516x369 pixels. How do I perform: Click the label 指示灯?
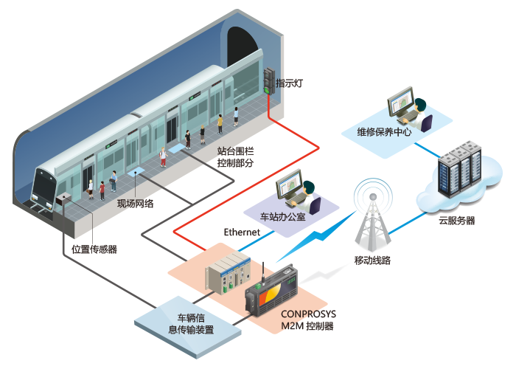click(x=289, y=83)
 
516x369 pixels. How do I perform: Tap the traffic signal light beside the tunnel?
click(x=269, y=81)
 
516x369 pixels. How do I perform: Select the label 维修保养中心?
click(x=384, y=132)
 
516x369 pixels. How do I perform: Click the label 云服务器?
click(x=457, y=221)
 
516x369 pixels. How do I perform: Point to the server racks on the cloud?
click(x=459, y=168)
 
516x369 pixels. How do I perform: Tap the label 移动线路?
click(x=372, y=261)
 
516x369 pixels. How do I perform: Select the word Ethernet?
click(x=242, y=232)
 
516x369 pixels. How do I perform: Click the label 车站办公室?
click(x=282, y=217)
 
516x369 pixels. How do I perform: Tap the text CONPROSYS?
click(x=308, y=314)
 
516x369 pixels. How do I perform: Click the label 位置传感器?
click(x=94, y=249)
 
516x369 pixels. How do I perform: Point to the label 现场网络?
click(x=135, y=203)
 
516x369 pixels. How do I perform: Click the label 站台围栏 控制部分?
click(x=235, y=156)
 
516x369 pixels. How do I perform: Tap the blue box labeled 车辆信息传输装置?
click(x=188, y=327)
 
